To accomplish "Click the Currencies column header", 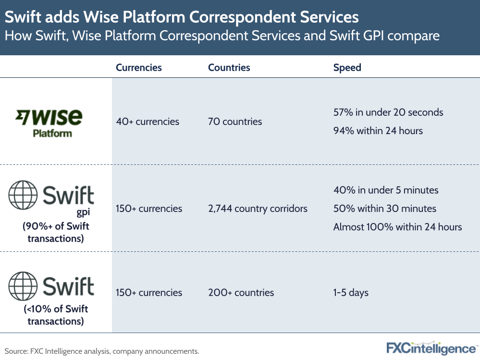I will tap(139, 68).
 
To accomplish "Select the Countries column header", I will tap(229, 68).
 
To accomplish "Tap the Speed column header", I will tap(347, 68).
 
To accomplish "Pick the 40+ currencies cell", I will tap(148, 122).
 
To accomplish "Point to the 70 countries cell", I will tap(235, 122).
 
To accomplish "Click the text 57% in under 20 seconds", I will tap(388, 112).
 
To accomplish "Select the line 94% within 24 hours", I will tap(378, 131).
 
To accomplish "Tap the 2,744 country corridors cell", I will tap(258, 209).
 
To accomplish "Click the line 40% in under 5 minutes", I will tap(386, 190).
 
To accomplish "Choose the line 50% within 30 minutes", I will tap(385, 209).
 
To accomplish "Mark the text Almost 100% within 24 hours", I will tap(397, 227).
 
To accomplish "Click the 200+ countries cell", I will tap(241, 293).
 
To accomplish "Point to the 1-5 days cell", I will tap(351, 293).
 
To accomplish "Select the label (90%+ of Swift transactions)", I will tap(56, 232).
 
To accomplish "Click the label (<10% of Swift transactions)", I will tap(56, 315).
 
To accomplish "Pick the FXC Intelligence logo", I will tap(431, 348).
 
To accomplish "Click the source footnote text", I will tap(102, 351).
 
